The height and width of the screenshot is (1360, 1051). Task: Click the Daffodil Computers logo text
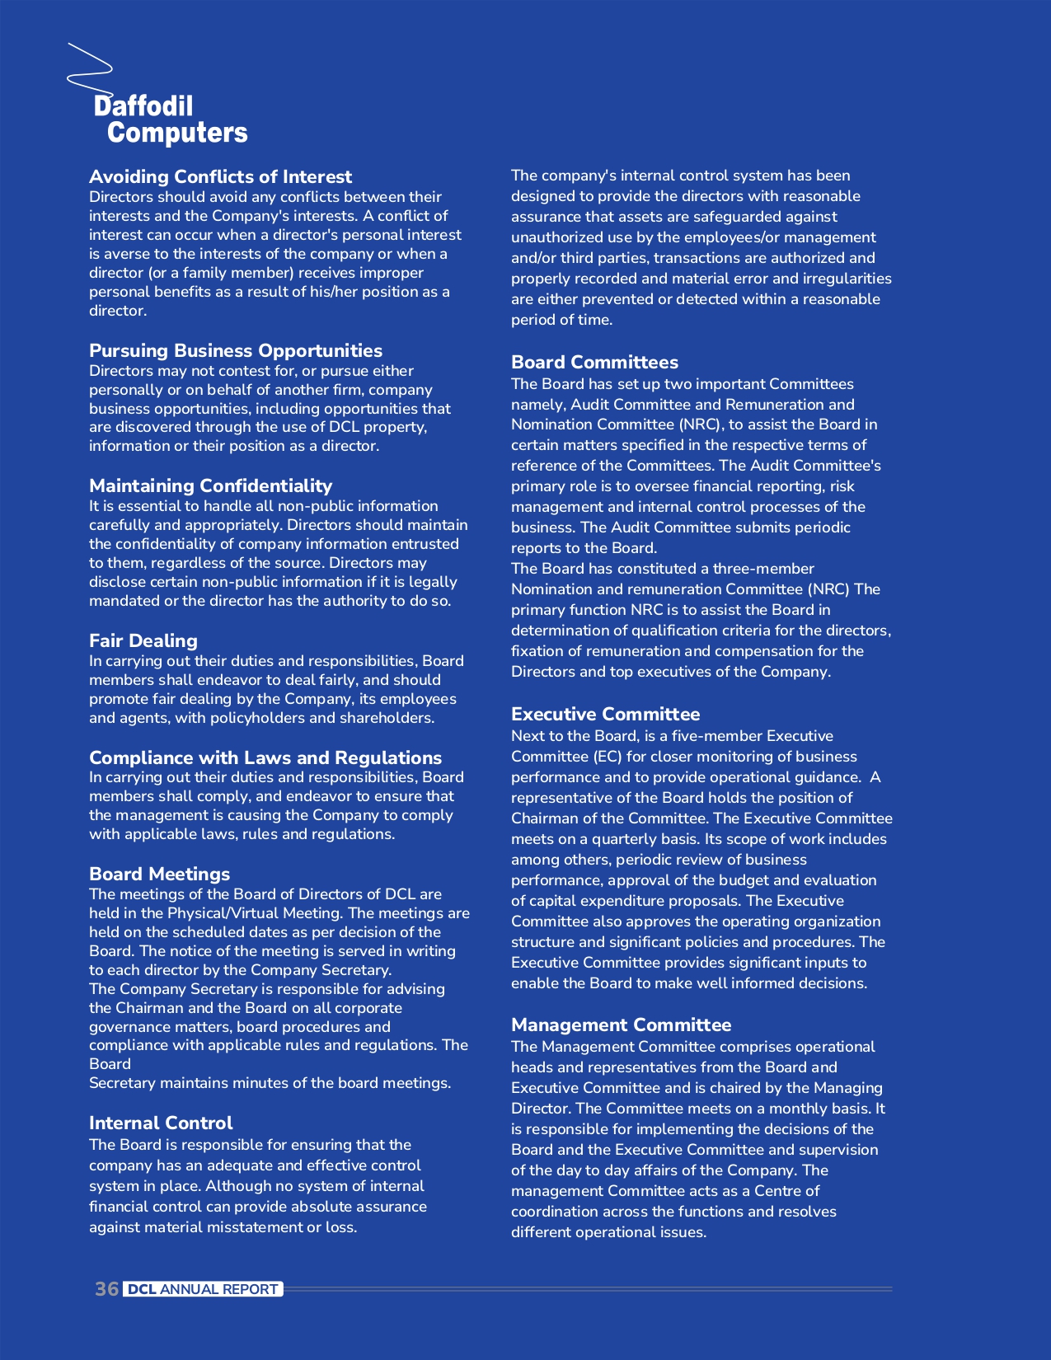[x=171, y=120]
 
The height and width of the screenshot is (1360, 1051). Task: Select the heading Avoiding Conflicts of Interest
[x=220, y=176]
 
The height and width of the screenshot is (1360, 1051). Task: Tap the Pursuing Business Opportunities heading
[x=236, y=350]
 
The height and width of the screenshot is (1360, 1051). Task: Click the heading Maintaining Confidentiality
[x=210, y=485]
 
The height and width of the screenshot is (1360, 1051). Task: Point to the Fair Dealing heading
[x=143, y=640]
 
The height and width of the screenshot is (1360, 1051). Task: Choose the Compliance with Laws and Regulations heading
[x=265, y=757]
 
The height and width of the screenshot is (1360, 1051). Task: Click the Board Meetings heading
[x=159, y=874]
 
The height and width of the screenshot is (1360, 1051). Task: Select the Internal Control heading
[x=161, y=1123]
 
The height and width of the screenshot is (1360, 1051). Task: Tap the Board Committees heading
[x=594, y=362]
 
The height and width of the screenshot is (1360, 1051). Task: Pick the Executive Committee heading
[x=605, y=714]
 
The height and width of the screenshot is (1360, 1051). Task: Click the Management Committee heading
[x=621, y=1025]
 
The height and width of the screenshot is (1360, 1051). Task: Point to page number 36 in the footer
[x=106, y=1289]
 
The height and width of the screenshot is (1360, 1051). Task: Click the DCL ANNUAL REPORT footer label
[x=204, y=1289]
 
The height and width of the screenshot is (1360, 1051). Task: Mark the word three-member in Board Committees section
[x=763, y=569]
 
